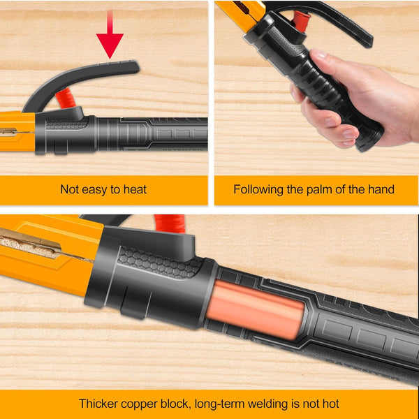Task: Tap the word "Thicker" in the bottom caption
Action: coord(98,404)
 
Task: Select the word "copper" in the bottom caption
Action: coord(139,404)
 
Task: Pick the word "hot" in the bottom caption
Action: coord(330,404)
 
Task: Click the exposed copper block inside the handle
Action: coord(255,309)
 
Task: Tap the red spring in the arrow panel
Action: coord(65,99)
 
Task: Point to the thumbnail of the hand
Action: coord(319,54)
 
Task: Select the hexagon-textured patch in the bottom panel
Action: coord(160,263)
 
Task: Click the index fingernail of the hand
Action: coord(331,122)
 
